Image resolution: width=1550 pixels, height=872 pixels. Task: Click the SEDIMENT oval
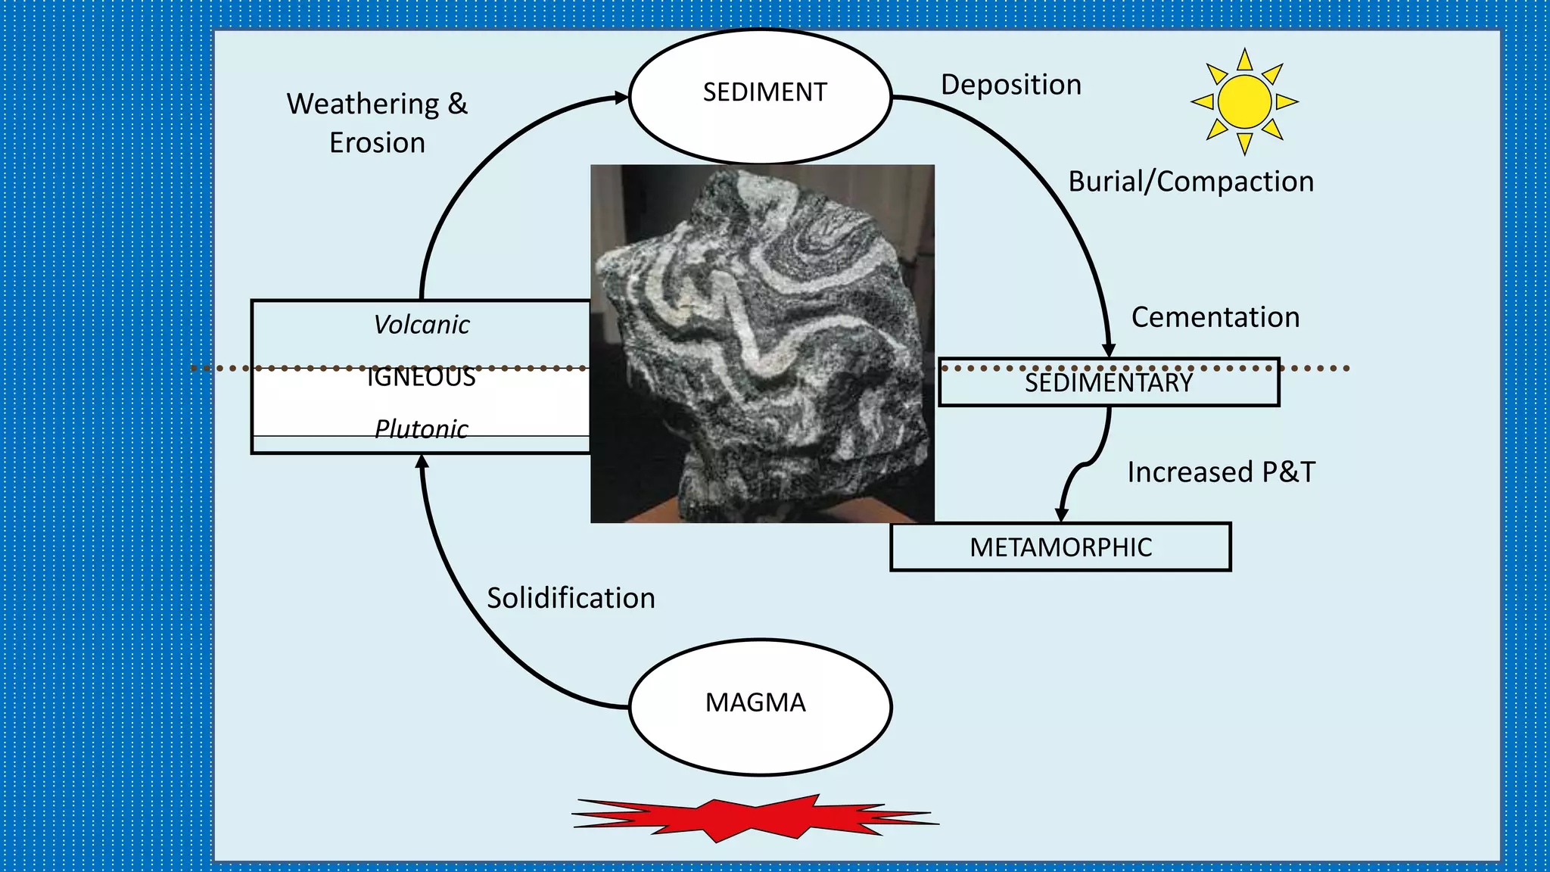coord(761,95)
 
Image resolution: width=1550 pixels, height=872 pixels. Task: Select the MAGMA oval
coord(761,706)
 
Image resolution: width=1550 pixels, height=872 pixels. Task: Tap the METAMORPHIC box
coord(1060,547)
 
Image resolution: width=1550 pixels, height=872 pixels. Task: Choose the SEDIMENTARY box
coord(1109,383)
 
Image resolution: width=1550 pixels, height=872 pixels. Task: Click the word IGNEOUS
coord(421,377)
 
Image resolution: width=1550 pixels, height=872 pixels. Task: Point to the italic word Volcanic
coord(421,325)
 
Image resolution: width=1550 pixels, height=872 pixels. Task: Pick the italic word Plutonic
coord(421,429)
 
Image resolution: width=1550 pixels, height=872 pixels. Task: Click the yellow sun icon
coord(1244,101)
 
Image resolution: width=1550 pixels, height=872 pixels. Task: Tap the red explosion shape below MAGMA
coord(755,817)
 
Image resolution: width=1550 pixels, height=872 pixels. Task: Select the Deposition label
coord(1010,85)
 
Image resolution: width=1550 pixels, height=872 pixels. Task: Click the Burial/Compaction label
coord(1191,182)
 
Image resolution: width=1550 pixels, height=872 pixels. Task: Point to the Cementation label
coord(1215,317)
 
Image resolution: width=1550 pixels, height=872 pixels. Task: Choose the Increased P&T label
coord(1221,472)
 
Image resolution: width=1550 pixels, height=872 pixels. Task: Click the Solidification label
coord(571,598)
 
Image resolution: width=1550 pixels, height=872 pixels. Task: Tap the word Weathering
coord(363,104)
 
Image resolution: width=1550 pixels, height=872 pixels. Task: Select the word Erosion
coord(377,143)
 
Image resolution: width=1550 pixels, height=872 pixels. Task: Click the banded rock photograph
coord(762,343)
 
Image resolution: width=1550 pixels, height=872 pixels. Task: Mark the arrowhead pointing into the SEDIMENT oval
coord(621,98)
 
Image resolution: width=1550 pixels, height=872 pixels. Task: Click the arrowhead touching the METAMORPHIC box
coord(1062,515)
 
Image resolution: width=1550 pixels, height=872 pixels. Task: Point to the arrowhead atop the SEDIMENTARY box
coord(1109,350)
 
